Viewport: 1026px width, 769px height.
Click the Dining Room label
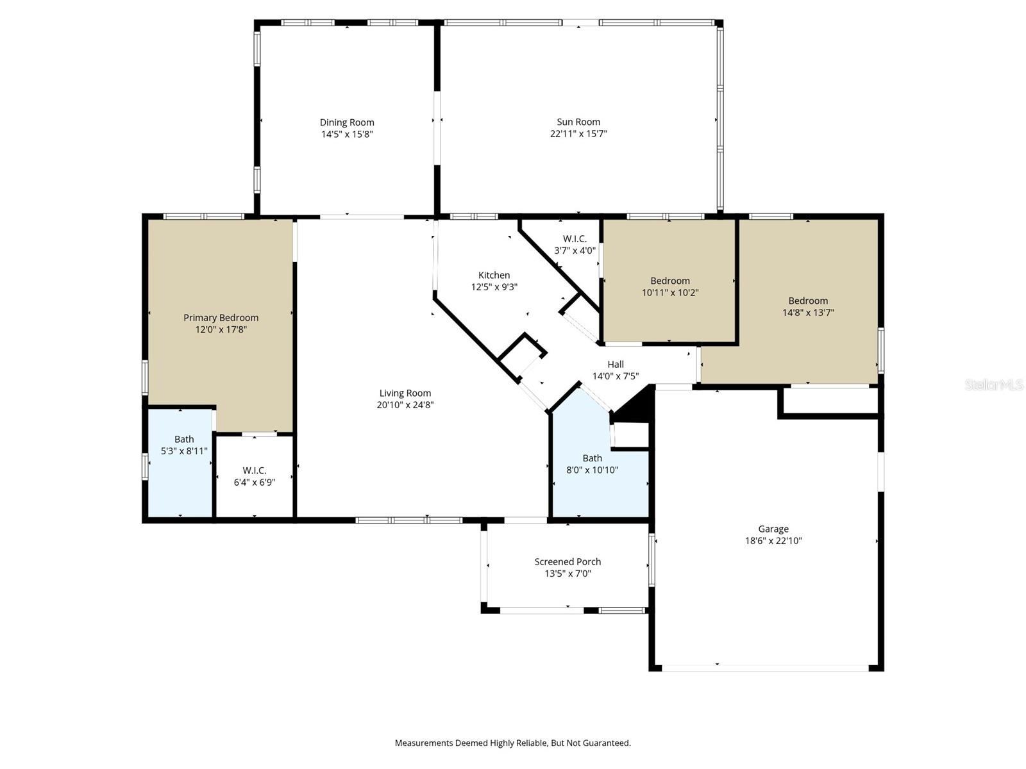[347, 122]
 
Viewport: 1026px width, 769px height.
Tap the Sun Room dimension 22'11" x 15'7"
[578, 134]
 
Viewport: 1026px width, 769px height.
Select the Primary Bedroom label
[221, 318]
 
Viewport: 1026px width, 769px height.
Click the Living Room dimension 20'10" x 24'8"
[405, 405]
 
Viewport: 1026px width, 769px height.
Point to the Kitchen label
[494, 276]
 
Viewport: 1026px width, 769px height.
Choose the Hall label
[616, 365]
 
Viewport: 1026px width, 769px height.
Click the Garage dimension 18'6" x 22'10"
[773, 541]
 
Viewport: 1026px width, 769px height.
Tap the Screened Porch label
[568, 562]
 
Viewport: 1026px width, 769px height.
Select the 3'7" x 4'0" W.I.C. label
[575, 239]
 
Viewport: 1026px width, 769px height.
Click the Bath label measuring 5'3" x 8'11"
[184, 440]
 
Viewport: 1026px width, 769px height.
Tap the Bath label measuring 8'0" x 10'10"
[592, 458]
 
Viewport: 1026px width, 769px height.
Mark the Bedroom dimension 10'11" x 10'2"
[670, 293]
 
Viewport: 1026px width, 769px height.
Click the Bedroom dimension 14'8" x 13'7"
[808, 313]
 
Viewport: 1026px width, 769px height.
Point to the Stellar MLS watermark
[994, 384]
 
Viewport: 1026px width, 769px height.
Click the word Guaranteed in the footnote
[607, 743]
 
